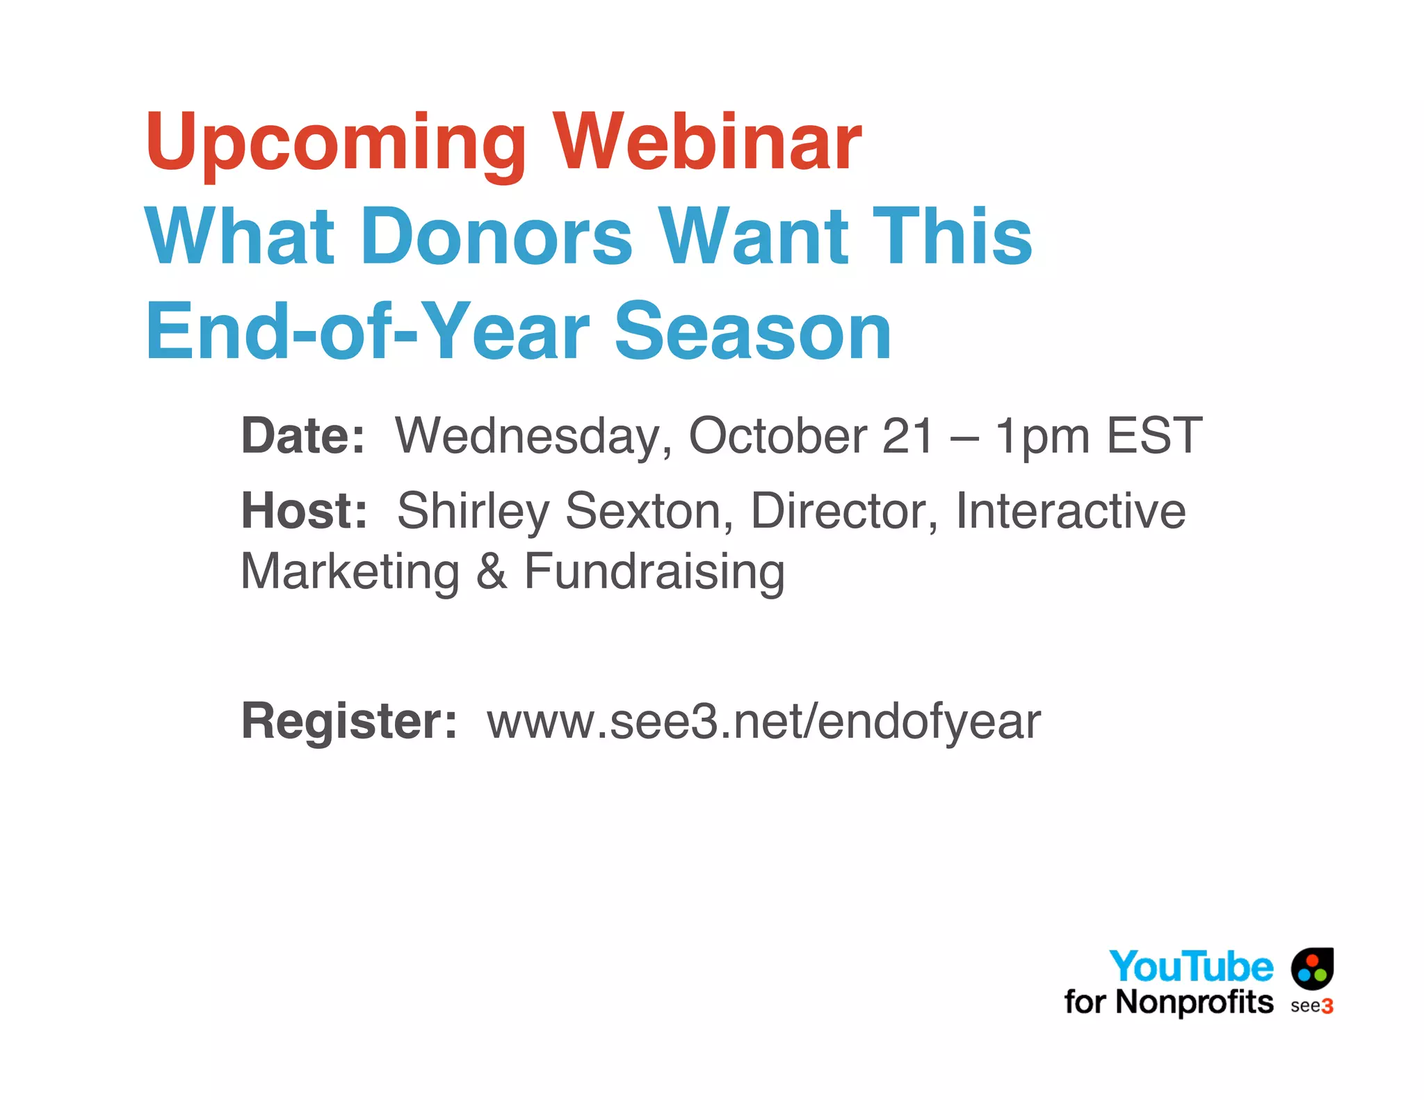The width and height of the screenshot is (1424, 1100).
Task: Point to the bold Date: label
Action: (x=302, y=436)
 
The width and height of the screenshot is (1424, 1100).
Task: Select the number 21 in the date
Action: (x=907, y=436)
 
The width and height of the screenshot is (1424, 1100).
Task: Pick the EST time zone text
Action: (x=1154, y=436)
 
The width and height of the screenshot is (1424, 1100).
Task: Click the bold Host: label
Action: (x=304, y=511)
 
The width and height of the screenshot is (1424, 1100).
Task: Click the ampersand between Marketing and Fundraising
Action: (x=492, y=572)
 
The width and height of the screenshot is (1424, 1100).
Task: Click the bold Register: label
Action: (x=349, y=722)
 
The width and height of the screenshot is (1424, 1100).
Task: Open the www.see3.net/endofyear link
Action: (x=763, y=722)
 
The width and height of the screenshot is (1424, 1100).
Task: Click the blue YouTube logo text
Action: (x=1190, y=967)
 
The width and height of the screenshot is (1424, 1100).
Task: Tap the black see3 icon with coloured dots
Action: (x=1312, y=968)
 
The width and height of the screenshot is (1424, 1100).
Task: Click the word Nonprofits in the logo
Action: (x=1194, y=1003)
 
